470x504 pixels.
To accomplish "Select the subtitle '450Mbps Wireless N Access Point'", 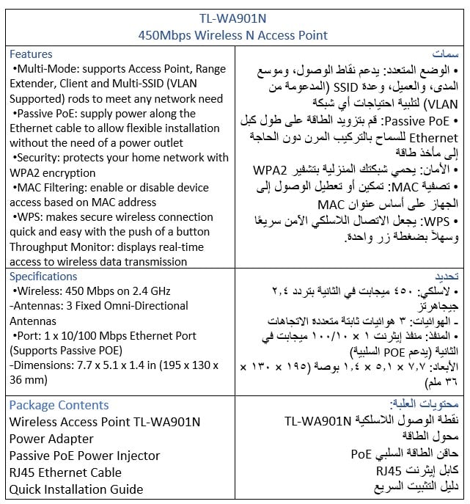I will [234, 34].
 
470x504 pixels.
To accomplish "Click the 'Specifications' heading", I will [43, 277].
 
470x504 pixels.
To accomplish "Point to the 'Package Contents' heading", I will [59, 405].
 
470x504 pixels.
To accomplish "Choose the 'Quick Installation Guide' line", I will [76, 489].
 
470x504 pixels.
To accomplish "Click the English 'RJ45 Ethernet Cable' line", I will [66, 472].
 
